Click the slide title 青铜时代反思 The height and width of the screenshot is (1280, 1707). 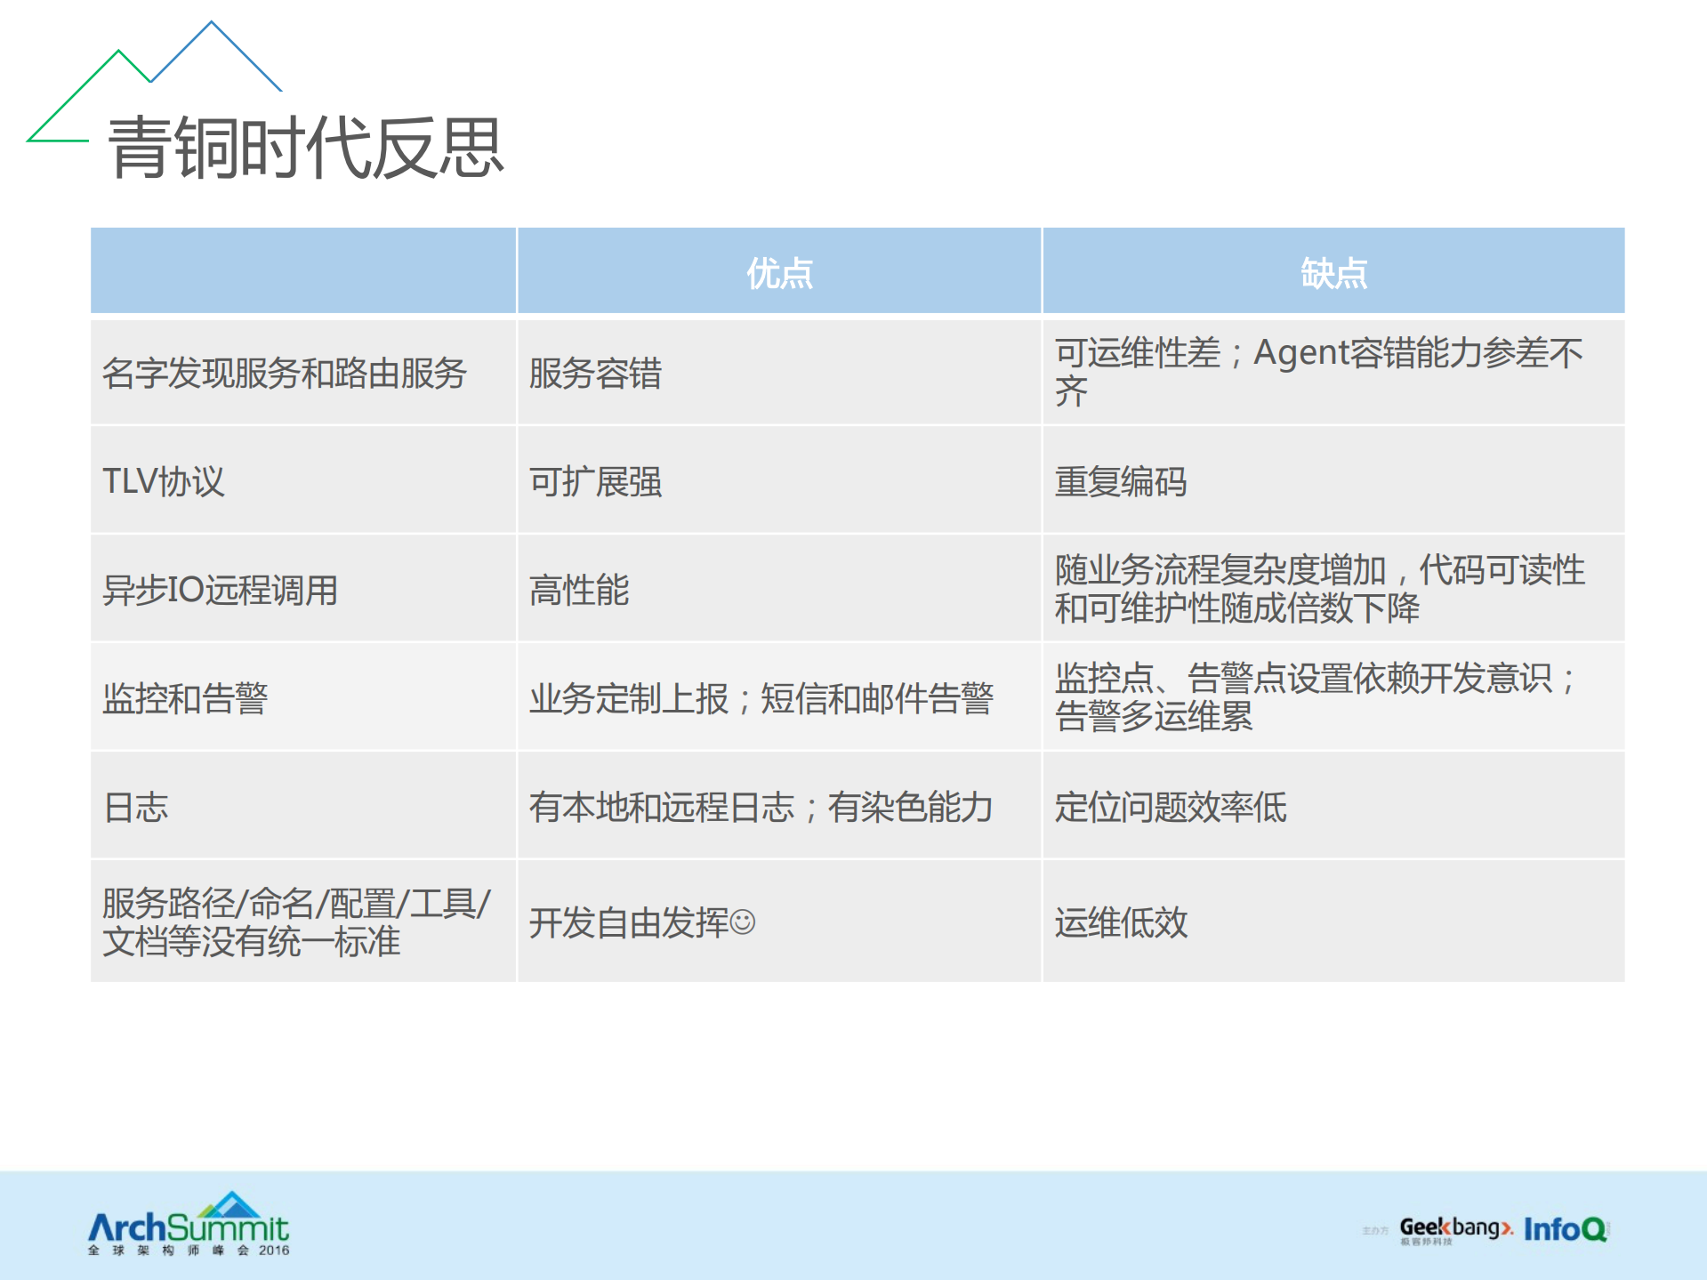tap(305, 148)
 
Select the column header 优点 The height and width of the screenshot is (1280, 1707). tap(779, 273)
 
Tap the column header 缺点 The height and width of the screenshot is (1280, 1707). tap(1333, 273)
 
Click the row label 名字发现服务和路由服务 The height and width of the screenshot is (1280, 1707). tap(284, 373)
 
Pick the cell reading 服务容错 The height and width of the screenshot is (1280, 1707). tap(595, 373)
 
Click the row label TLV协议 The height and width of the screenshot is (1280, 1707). tap(164, 481)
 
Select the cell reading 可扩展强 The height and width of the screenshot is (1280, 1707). tap(595, 481)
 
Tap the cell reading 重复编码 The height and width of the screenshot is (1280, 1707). tap(1120, 481)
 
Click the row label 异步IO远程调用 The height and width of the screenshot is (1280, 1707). tap(220, 590)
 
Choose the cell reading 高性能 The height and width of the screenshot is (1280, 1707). tap(579, 590)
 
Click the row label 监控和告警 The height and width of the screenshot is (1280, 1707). tap(185, 698)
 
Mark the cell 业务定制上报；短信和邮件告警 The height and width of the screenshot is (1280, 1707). tap(761, 698)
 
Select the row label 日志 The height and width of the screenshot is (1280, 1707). tap(136, 807)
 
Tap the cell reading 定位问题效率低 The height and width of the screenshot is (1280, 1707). tap(1170, 807)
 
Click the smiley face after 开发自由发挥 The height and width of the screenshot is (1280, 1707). tap(743, 922)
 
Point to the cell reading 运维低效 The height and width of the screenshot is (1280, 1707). tap(1120, 922)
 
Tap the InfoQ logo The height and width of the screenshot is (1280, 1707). tap(1565, 1229)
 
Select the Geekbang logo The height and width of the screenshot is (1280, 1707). tap(1453, 1229)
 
